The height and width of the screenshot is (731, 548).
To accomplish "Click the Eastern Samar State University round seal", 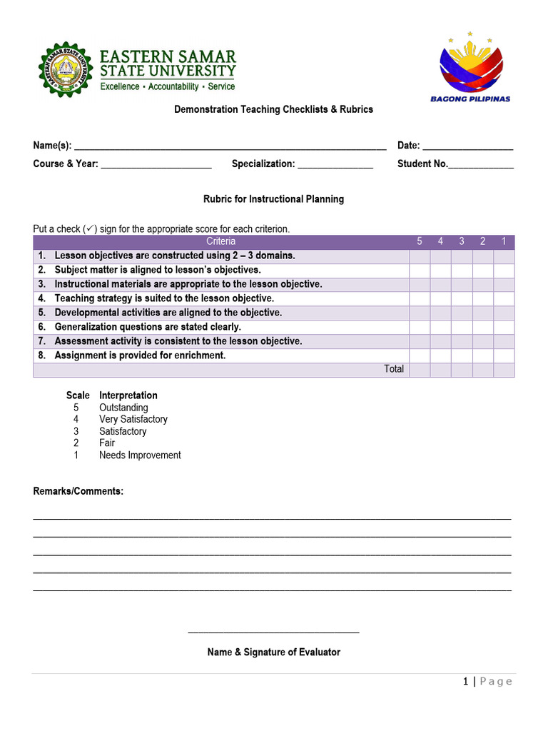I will click(66, 69).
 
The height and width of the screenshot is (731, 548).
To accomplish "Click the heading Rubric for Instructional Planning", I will click(274, 199).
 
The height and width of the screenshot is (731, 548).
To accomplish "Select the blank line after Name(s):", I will click(230, 146).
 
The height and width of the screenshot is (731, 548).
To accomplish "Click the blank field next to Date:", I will click(467, 146).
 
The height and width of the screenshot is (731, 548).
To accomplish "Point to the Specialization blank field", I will click(335, 164).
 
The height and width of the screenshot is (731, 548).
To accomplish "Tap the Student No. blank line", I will click(481, 164).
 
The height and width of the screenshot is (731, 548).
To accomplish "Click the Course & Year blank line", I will click(156, 164).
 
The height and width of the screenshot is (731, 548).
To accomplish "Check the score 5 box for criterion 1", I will click(420, 256).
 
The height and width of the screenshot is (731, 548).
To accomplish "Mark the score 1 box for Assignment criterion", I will click(504, 356).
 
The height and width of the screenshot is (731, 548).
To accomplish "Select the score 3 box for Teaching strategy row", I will click(462, 298).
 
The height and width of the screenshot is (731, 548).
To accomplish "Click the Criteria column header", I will click(220, 241).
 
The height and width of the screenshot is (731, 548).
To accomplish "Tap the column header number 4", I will click(440, 241).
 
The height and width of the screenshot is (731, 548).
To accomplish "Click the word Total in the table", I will click(394, 369).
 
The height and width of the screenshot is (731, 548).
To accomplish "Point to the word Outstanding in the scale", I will click(123, 408).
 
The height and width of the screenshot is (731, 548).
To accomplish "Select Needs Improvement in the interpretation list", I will click(140, 455).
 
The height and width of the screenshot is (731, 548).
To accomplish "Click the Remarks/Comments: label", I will click(78, 491).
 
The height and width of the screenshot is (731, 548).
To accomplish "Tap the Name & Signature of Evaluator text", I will click(274, 652).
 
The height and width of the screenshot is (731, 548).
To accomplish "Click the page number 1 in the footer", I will click(466, 682).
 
